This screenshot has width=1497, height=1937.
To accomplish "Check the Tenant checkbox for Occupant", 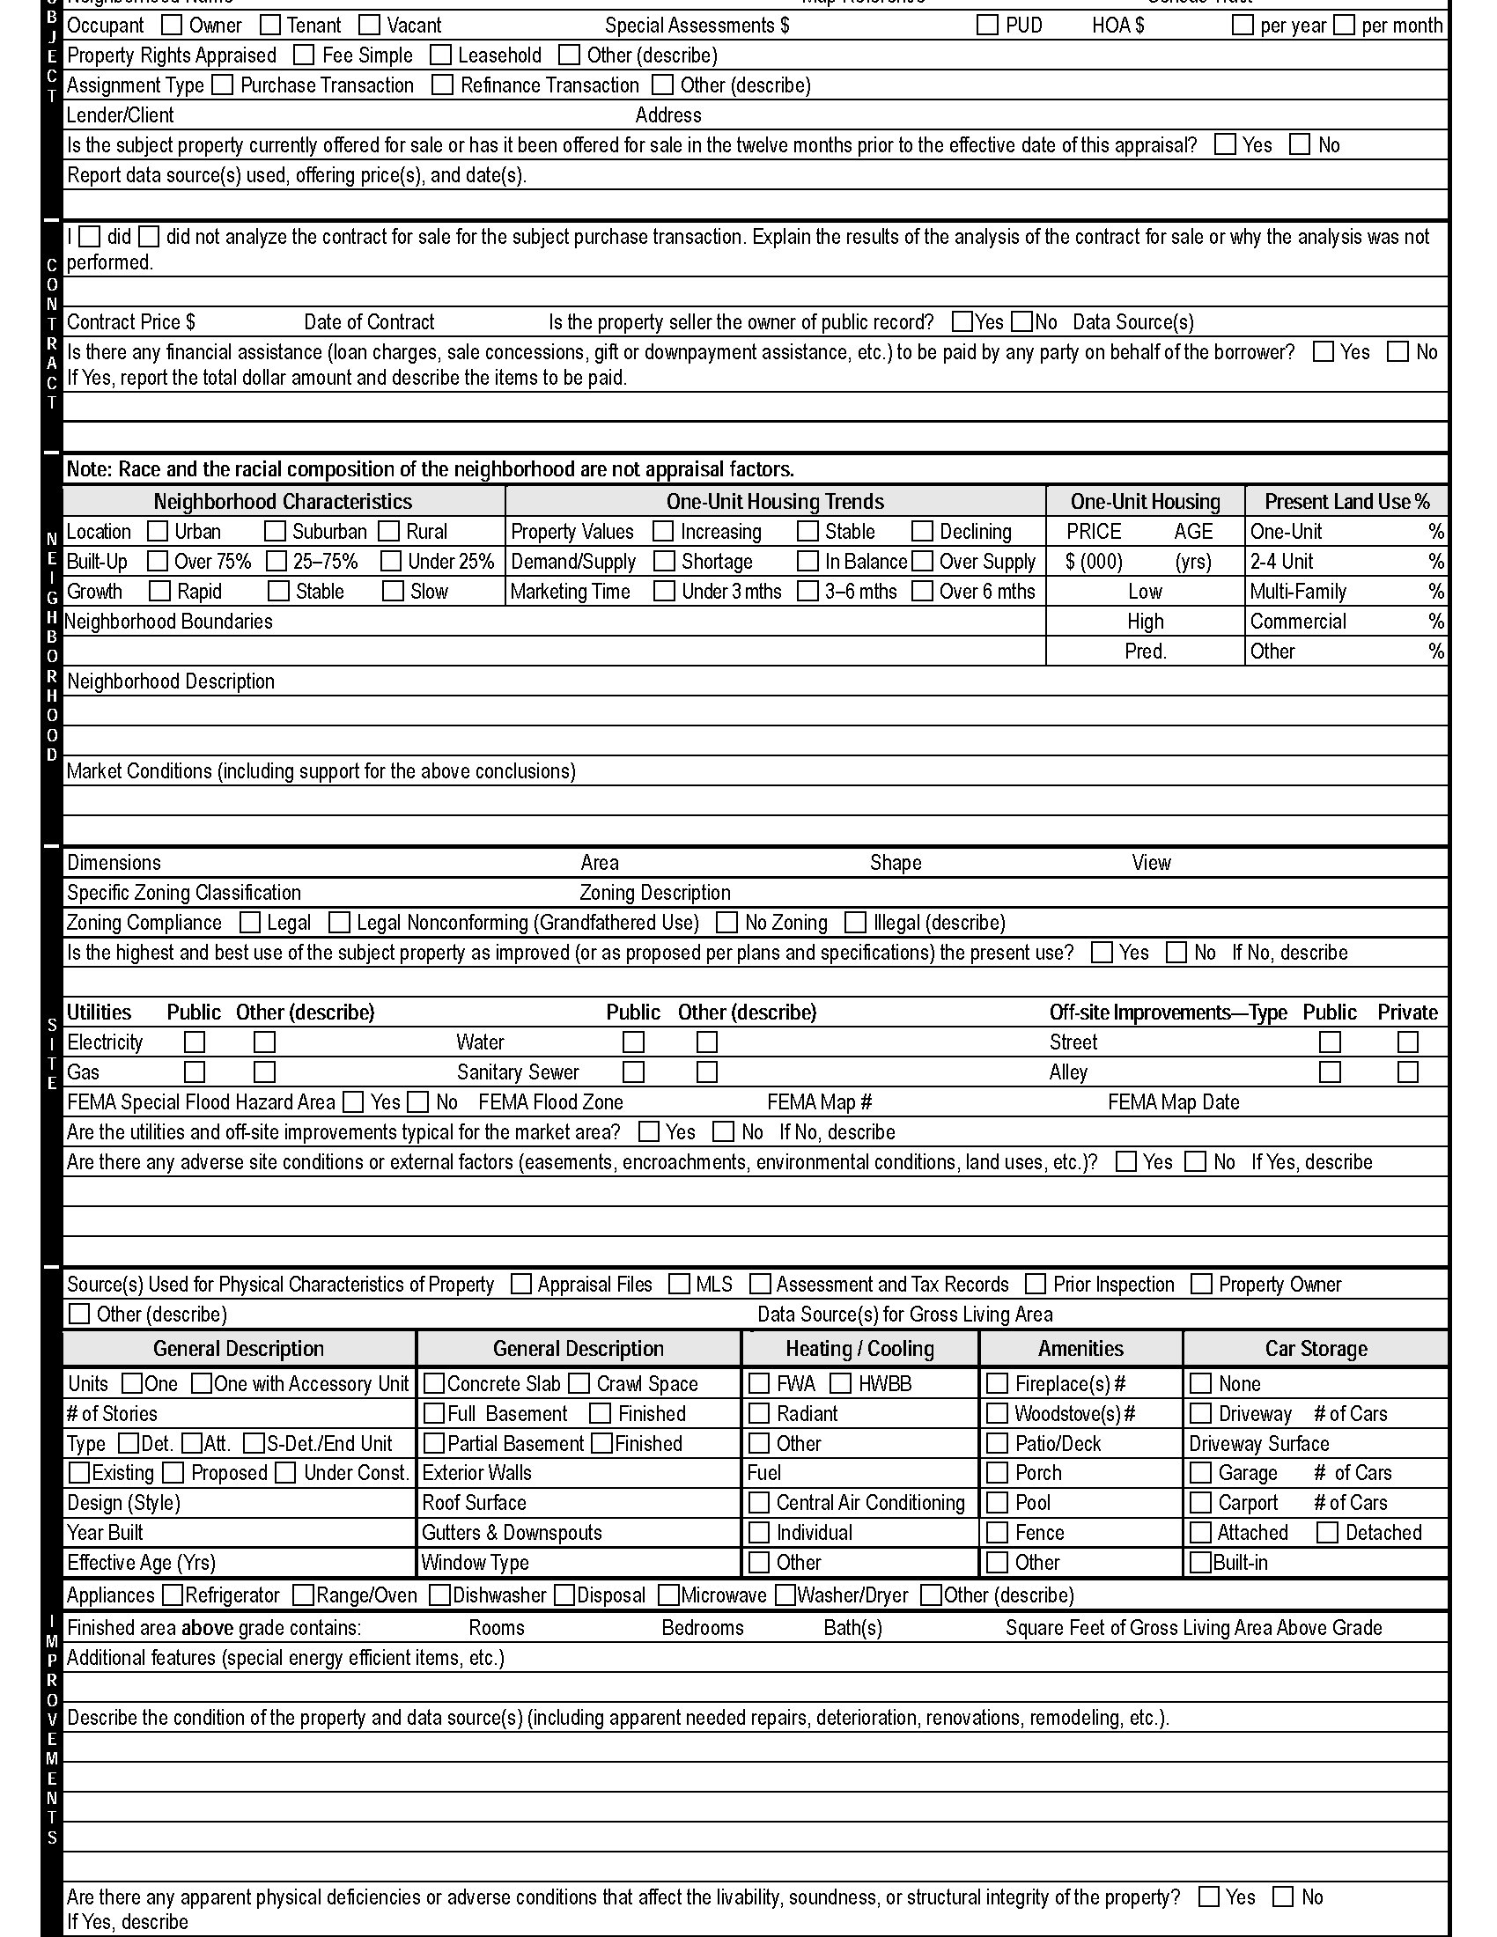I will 270,25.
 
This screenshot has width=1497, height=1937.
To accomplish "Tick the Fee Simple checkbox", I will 304,55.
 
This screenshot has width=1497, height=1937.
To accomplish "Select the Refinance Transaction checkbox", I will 442,85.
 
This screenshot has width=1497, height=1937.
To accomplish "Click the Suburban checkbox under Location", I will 276,531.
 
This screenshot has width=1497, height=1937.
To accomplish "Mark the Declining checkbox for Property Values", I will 922,531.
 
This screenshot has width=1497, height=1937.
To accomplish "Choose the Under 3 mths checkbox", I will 664,591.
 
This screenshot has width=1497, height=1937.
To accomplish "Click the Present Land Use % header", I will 1346,501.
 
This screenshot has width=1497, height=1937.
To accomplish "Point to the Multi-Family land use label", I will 1297,592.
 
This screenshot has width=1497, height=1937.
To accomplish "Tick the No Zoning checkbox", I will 726,923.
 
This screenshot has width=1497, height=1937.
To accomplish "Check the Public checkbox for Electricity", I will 195,1042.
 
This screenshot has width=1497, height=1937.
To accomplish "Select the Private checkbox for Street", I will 1407,1042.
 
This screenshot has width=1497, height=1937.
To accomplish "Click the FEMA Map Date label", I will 1172,1102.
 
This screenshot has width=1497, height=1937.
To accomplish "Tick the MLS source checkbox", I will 679,1285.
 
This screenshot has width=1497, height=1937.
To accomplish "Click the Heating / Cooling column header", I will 859,1349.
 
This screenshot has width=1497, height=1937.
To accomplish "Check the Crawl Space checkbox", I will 579,1383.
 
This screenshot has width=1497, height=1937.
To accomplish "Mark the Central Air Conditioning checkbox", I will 759,1502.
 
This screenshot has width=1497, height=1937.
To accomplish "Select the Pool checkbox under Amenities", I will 998,1502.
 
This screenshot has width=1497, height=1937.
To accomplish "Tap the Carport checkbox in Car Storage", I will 1201,1502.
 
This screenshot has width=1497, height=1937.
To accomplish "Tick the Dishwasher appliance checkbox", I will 440,1595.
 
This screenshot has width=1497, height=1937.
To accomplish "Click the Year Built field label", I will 105,1533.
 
